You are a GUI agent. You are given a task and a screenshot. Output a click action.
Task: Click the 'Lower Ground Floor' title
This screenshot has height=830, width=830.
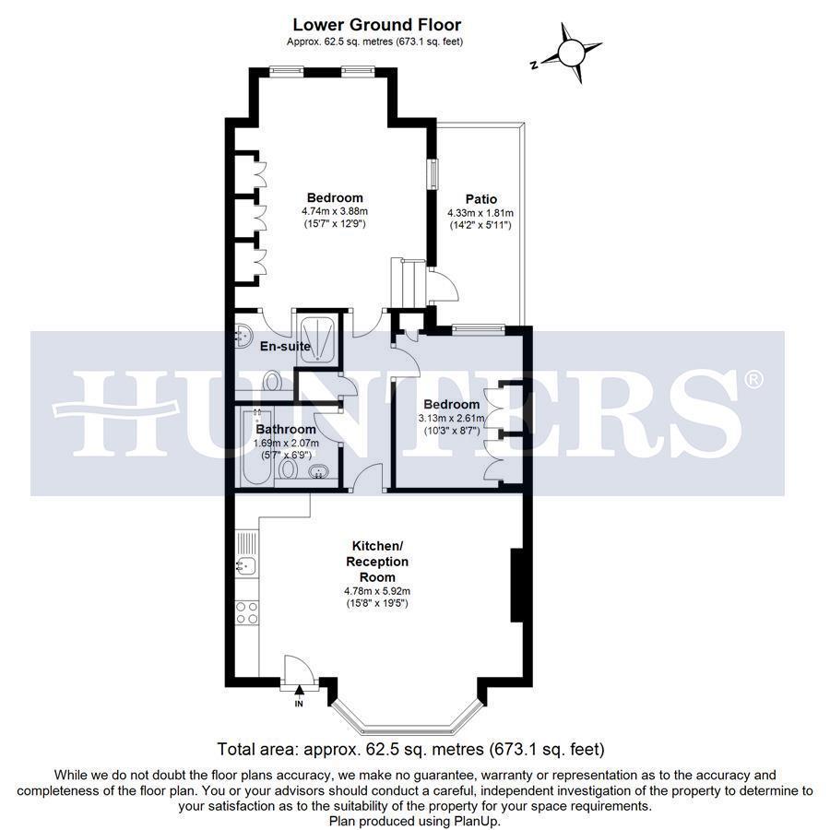click(x=376, y=25)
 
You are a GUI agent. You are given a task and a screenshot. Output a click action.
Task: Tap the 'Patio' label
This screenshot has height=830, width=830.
click(x=480, y=199)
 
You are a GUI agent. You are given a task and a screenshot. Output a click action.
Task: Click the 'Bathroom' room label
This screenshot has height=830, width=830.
click(x=286, y=430)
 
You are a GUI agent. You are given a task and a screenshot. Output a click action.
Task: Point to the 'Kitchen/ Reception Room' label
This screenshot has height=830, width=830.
click(x=376, y=561)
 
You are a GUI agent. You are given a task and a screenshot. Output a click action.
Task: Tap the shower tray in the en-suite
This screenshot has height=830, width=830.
click(x=315, y=333)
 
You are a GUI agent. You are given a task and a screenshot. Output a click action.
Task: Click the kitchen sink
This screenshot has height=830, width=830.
click(x=245, y=565)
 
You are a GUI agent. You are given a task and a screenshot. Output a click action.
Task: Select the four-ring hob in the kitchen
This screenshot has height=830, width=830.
click(x=246, y=611)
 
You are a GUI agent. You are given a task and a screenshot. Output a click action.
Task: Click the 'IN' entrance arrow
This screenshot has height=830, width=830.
click(x=298, y=691)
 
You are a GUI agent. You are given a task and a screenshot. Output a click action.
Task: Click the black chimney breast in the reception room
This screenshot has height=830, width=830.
click(x=517, y=586)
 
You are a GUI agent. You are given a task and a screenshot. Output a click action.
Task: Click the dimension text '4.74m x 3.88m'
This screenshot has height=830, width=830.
click(x=334, y=211)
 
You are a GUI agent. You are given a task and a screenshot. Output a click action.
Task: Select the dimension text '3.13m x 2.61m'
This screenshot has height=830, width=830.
click(x=451, y=418)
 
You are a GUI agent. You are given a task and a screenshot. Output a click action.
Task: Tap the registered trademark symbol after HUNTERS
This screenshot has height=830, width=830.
click(x=753, y=379)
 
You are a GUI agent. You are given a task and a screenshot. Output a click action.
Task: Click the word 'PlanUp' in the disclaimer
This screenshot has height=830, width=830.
click(x=476, y=821)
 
